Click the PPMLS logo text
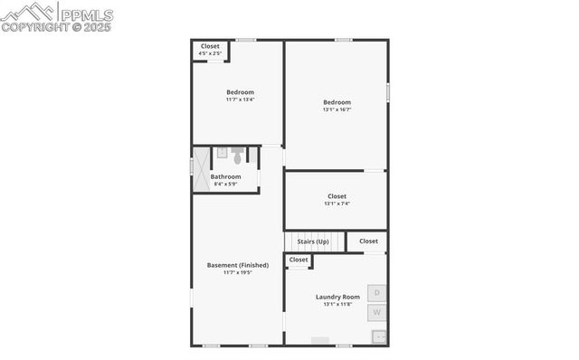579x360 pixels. click(x=86, y=14)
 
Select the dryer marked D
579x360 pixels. click(x=378, y=293)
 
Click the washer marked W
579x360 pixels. click(x=378, y=313)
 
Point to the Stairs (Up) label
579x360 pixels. click(x=313, y=242)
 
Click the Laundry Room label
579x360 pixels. click(x=337, y=297)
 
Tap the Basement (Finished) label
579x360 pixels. click(x=238, y=265)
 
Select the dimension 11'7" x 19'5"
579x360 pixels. click(x=238, y=272)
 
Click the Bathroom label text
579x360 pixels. click(x=226, y=176)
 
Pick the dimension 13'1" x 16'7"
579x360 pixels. click(x=337, y=109)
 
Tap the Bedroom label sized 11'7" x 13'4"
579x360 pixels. click(x=240, y=92)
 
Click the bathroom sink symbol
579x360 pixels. click(x=222, y=153)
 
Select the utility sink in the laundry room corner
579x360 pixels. click(x=380, y=336)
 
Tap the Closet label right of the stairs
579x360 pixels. click(x=368, y=242)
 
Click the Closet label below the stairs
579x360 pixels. click(x=299, y=261)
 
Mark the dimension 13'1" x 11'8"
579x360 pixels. click(x=337, y=304)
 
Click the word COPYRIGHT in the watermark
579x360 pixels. click(x=30, y=27)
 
